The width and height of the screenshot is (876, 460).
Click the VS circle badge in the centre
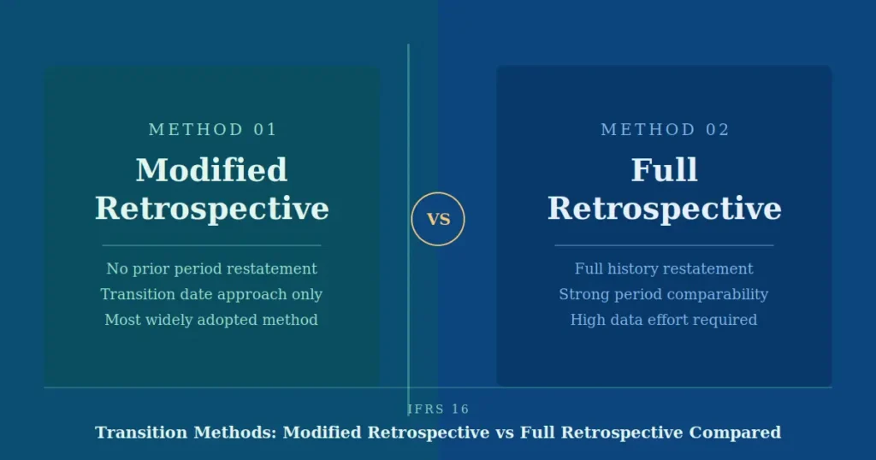point(438,219)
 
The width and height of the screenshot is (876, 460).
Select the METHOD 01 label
point(213,130)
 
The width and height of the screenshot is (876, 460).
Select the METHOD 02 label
point(665,130)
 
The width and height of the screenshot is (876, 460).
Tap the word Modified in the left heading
point(211,169)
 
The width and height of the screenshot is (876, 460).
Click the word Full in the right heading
point(664,169)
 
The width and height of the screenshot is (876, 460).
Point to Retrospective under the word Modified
point(211,209)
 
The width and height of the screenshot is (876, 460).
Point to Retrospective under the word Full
point(664,209)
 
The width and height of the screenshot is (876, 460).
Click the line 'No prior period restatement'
point(211,268)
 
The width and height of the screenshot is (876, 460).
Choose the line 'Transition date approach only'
point(211,294)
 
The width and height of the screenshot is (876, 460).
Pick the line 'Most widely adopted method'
point(211,320)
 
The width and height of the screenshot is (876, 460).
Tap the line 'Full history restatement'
point(664,268)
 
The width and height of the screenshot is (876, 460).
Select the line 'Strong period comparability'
point(664,294)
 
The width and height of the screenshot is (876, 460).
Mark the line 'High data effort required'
point(664,320)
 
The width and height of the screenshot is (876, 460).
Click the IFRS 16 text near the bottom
point(438,410)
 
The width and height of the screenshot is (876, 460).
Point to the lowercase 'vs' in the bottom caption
point(505,433)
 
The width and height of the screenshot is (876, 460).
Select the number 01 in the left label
point(265,130)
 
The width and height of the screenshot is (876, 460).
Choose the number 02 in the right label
point(718,130)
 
